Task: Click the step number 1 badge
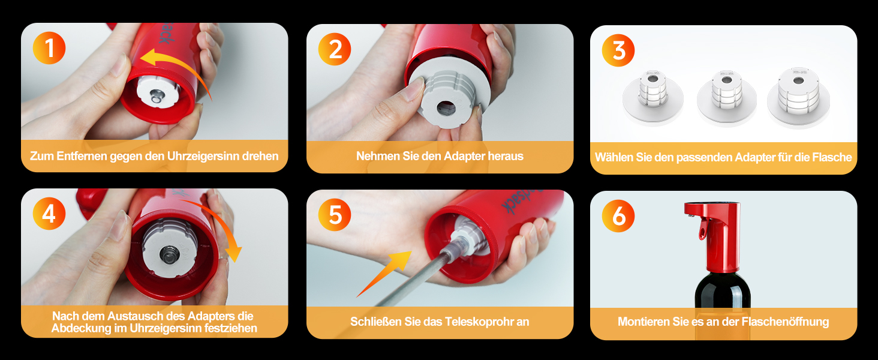pos(49,48)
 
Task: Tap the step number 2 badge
pos(334,49)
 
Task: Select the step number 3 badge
pos(618,50)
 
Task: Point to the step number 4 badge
pos(49,214)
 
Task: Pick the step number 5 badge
pos(334,215)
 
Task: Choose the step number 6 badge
pos(618,215)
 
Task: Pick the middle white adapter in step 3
pos(726,98)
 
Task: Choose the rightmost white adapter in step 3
pos(798,98)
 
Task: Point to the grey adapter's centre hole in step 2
pos(446,108)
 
